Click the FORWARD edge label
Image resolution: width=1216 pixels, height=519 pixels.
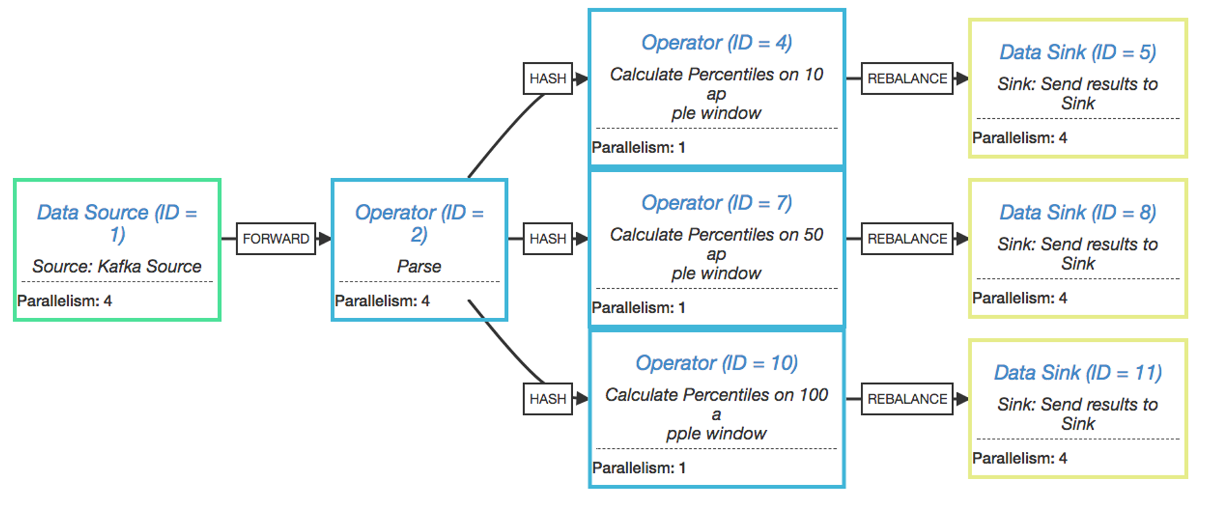click(275, 239)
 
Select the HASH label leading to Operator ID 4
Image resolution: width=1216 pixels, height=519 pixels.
click(548, 78)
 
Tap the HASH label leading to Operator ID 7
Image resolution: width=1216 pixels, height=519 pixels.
click(548, 239)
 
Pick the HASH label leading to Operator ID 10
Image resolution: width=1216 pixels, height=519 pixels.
click(548, 399)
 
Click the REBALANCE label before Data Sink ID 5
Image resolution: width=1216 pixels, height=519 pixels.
click(907, 78)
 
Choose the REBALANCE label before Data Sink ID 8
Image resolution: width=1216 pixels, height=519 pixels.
click(907, 239)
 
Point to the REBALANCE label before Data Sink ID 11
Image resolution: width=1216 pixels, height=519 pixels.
click(907, 399)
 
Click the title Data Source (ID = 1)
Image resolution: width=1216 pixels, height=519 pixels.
click(117, 222)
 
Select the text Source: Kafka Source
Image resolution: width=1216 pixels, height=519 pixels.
click(117, 266)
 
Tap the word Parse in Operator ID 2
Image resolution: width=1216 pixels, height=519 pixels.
click(419, 266)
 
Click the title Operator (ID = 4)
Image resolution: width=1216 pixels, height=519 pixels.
click(716, 42)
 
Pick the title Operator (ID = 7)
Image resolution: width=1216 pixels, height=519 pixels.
click(716, 203)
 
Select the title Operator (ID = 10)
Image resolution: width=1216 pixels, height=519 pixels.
click(716, 363)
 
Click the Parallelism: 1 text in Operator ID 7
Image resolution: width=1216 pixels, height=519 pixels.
click(638, 308)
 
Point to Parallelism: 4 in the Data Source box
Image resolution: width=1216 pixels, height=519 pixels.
click(65, 301)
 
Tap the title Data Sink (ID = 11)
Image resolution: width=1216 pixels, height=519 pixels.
click(1077, 372)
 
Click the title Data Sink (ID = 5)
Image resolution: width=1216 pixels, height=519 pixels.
click(1077, 52)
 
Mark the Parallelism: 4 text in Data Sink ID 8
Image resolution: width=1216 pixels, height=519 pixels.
click(1020, 297)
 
